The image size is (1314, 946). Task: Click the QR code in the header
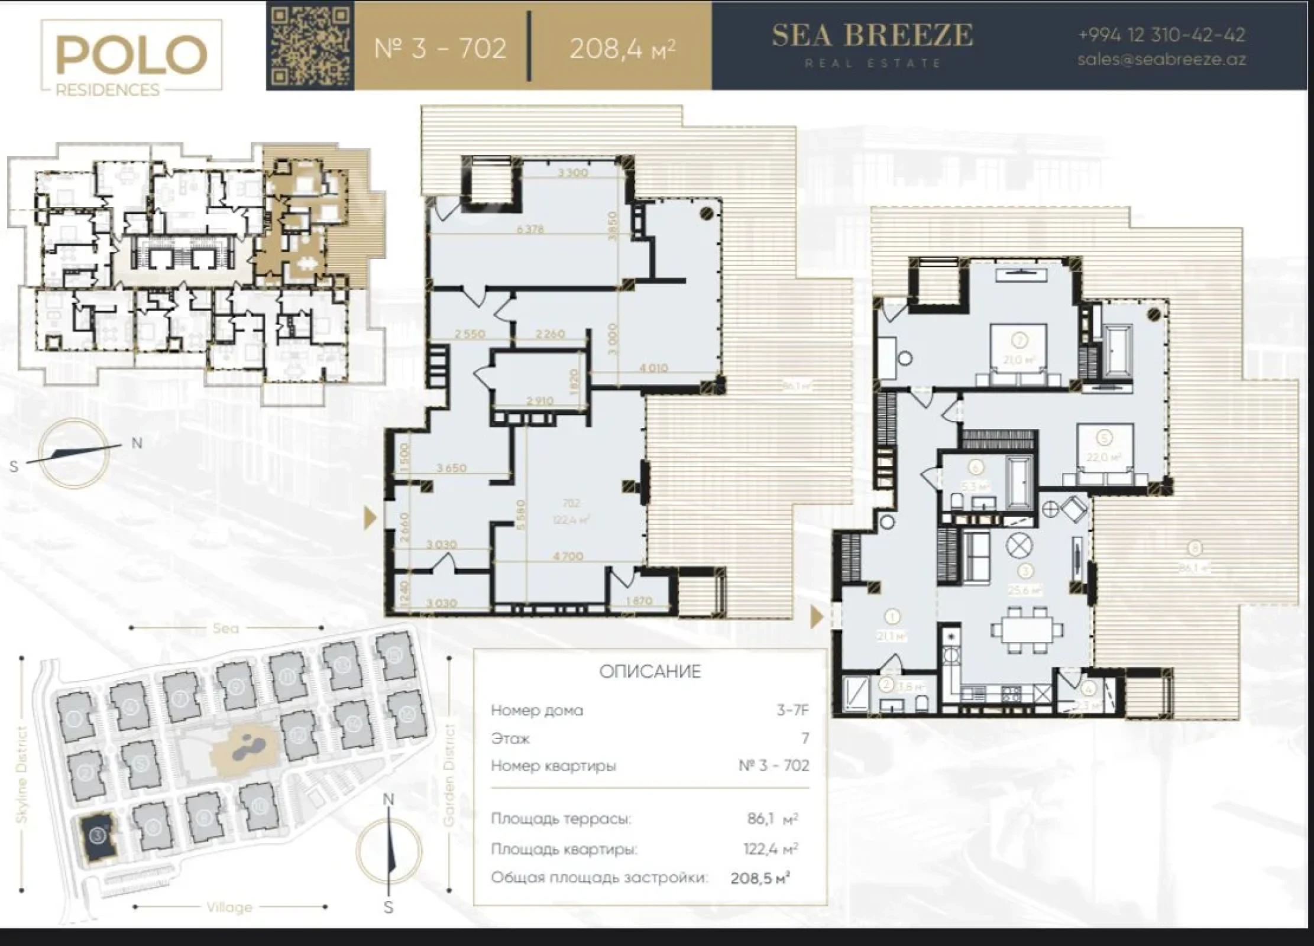coord(310,46)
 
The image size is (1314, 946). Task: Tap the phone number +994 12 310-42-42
coord(1161,35)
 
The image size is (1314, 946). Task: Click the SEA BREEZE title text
coord(872,35)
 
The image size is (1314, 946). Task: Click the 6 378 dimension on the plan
coord(530,229)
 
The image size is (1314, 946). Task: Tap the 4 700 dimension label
coord(568,556)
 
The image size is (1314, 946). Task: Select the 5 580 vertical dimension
coord(520,515)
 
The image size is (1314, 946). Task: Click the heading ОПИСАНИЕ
coord(650,672)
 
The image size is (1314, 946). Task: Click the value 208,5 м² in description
coord(760,878)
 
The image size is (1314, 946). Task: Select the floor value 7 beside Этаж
coord(805,738)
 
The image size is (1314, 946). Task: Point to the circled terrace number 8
coord(1195,549)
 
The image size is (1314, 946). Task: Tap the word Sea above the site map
coord(225,628)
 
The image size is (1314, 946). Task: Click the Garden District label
coord(449,775)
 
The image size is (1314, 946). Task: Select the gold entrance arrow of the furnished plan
coord(817,617)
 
